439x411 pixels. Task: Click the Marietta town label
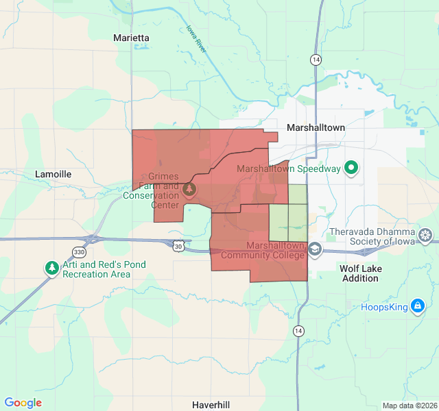(x=131, y=38)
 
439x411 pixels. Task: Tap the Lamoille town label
(x=53, y=175)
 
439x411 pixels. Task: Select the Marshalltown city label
(x=316, y=127)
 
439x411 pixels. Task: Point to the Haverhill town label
(x=211, y=404)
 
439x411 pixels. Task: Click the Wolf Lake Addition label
(x=359, y=273)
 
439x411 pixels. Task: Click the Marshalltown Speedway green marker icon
(x=352, y=168)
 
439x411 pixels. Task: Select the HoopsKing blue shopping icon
(x=417, y=306)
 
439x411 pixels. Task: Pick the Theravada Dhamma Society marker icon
(x=426, y=236)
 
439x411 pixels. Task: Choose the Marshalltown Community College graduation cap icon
(x=315, y=249)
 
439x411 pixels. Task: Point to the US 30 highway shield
(x=178, y=245)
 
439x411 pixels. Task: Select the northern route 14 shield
(x=315, y=60)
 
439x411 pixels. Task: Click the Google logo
(x=23, y=403)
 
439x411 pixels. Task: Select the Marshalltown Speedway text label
(x=289, y=169)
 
